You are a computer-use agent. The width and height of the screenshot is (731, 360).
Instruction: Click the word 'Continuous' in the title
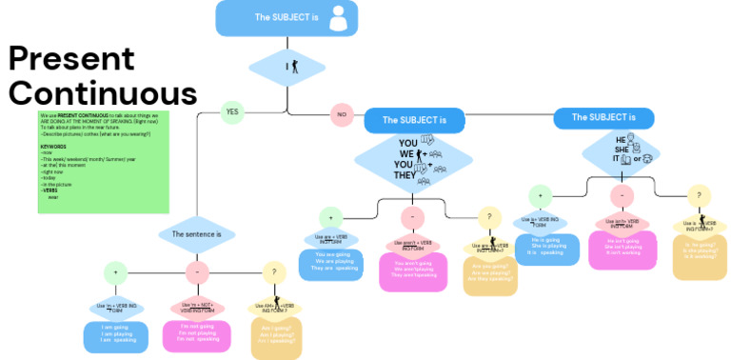pos(102,93)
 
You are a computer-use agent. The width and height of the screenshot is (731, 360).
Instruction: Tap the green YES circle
pos(231,112)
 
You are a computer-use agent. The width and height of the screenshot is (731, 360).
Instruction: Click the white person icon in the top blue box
pos(337,17)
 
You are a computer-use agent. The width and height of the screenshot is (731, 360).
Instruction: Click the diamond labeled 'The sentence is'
pos(196,234)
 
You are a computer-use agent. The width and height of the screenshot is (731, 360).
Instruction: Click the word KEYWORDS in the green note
pos(54,147)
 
